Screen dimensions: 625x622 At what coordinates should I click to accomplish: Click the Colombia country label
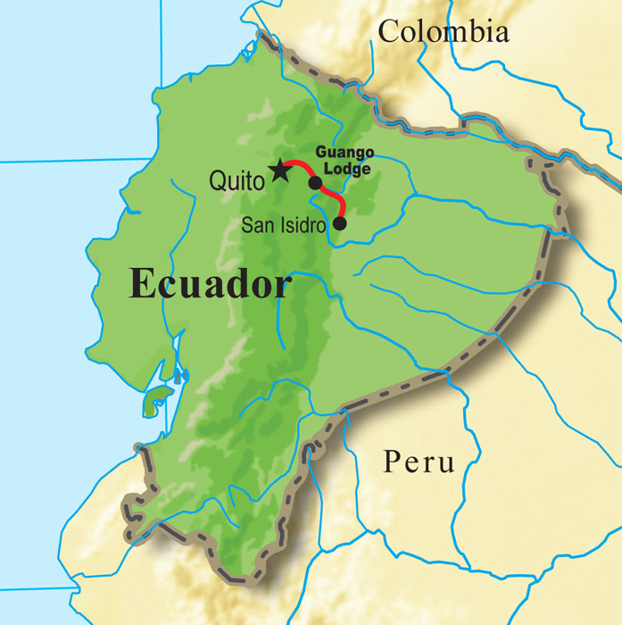[x=444, y=31]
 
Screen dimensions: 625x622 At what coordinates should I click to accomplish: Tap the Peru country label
[x=419, y=462]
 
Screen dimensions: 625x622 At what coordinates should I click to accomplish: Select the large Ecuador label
[x=210, y=285]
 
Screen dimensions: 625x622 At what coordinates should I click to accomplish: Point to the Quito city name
[x=236, y=179]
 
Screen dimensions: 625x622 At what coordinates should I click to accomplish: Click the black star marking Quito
[x=279, y=170]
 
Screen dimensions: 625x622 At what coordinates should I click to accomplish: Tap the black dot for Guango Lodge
[x=315, y=183]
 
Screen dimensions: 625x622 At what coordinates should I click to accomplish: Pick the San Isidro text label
[x=284, y=225]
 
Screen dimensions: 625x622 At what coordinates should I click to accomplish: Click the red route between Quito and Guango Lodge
[x=299, y=165]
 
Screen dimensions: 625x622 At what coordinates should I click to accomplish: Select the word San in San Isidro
[x=256, y=225]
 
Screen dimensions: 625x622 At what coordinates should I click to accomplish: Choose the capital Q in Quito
[x=218, y=180]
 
